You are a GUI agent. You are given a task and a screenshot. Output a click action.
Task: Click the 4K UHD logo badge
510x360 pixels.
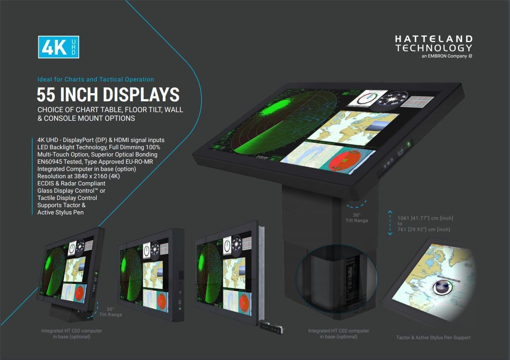pos(58,47)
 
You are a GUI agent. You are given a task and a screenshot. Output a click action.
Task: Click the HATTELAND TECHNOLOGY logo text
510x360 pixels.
pos(433,43)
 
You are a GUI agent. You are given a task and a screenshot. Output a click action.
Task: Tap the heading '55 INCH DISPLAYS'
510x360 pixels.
pos(108,95)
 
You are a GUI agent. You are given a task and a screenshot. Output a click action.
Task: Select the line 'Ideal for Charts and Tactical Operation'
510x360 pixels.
pos(95,79)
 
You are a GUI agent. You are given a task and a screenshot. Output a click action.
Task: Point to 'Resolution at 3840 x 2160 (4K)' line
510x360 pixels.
pos(79,176)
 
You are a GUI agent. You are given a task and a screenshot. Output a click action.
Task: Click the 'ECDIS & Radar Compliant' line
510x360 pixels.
pos(71,183)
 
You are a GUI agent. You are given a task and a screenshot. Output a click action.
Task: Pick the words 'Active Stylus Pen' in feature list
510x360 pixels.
pos(61,212)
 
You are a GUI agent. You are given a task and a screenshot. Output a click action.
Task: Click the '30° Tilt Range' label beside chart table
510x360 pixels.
pos(357,218)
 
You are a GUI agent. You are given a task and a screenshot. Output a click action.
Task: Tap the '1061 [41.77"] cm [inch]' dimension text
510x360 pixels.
pos(425,218)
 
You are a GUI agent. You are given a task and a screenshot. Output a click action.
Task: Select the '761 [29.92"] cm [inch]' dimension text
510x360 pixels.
pos(424,229)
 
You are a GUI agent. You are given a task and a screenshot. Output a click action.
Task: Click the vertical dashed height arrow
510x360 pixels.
pos(390,223)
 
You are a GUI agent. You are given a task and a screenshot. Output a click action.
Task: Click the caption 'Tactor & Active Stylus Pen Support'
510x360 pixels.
pos(433,337)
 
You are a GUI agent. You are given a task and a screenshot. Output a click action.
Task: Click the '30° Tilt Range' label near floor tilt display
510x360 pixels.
pos(111,312)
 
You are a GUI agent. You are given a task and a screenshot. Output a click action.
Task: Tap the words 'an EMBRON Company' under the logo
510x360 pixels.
pos(444,56)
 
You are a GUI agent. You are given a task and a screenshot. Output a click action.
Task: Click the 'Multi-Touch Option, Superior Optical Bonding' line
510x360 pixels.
pos(97,154)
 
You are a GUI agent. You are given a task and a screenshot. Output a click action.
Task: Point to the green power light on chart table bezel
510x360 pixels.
pos(408,144)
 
